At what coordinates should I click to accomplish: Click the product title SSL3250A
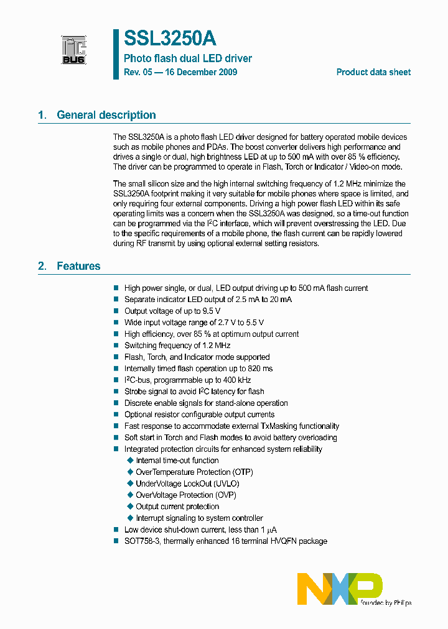tap(170, 39)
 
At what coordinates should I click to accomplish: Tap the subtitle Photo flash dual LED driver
tap(188, 58)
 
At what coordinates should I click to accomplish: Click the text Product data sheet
tap(373, 72)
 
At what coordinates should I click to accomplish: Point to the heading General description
tap(106, 115)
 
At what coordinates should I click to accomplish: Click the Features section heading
tap(78, 266)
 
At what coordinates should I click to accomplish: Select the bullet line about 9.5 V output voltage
tap(172, 311)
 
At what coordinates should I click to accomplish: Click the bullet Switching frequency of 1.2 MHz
tap(177, 346)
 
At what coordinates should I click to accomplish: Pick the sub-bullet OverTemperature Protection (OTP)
tap(194, 472)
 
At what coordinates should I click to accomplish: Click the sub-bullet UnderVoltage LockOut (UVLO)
tap(187, 484)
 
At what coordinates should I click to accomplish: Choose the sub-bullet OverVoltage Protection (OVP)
tap(186, 495)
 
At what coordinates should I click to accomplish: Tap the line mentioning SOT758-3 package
tap(225, 541)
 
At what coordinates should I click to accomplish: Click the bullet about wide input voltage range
tap(194, 323)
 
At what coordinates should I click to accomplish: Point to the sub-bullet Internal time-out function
tap(177, 461)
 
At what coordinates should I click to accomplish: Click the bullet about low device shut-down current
tap(200, 530)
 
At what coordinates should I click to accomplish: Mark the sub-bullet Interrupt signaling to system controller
tap(199, 518)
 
